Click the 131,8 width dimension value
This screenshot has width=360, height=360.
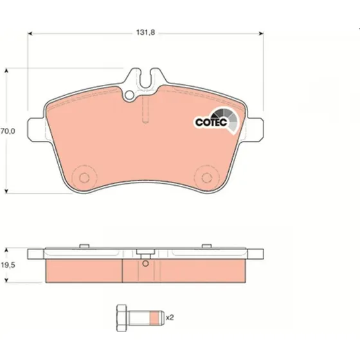(145, 33)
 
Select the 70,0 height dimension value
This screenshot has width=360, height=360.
(8, 131)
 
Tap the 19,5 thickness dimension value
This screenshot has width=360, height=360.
(8, 265)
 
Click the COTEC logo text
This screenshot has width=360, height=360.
(211, 122)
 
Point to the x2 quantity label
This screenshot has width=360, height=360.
(170, 318)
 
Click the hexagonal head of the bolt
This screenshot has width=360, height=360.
(122, 318)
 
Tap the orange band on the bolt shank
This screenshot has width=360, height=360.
(154, 318)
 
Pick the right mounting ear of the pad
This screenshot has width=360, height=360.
(255, 129)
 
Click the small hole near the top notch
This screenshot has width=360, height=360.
(129, 95)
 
